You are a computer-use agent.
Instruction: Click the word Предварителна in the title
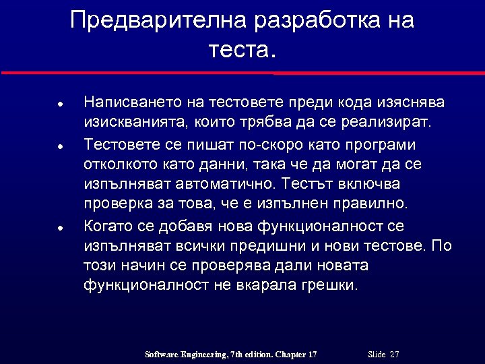tap(159, 21)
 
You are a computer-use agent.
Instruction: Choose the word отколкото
tap(119, 164)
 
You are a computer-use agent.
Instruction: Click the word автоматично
tap(222, 183)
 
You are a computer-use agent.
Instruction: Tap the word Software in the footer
tap(164, 355)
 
